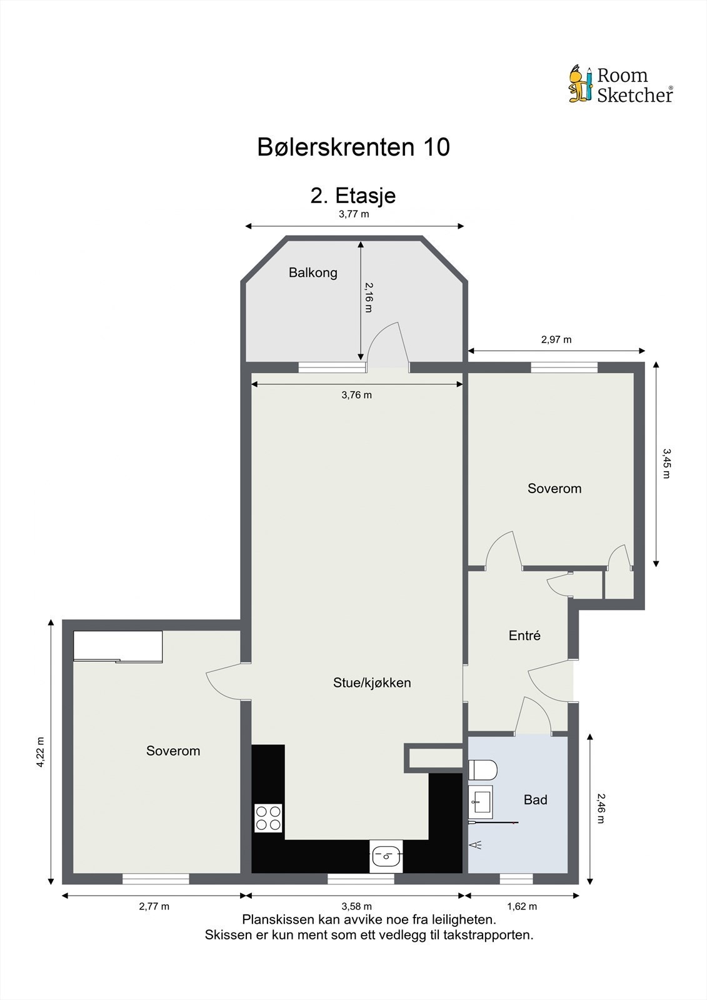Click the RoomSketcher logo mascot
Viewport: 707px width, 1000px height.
[x=580, y=84]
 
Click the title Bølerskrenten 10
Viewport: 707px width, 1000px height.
[x=353, y=147]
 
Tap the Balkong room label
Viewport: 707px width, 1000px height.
[x=313, y=272]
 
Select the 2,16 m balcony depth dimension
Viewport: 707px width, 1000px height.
[x=368, y=297]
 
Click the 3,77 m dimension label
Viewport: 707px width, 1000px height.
[x=354, y=214]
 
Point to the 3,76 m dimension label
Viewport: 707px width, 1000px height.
[x=356, y=395]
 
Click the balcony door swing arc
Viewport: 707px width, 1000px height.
[x=388, y=341]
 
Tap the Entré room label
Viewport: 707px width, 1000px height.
[x=524, y=636]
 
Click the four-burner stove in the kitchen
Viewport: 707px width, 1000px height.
[x=268, y=818]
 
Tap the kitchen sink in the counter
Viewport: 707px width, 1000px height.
[x=386, y=856]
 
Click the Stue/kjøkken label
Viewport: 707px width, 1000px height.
[x=372, y=682]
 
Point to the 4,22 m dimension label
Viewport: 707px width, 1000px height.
[x=41, y=752]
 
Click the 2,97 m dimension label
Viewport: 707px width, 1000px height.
[x=556, y=340]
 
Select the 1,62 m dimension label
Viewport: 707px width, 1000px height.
[x=521, y=906]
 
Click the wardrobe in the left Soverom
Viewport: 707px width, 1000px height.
[x=118, y=646]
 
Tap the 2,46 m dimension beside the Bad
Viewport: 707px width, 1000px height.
[x=601, y=807]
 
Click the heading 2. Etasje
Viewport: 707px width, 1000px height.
[x=353, y=196]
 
